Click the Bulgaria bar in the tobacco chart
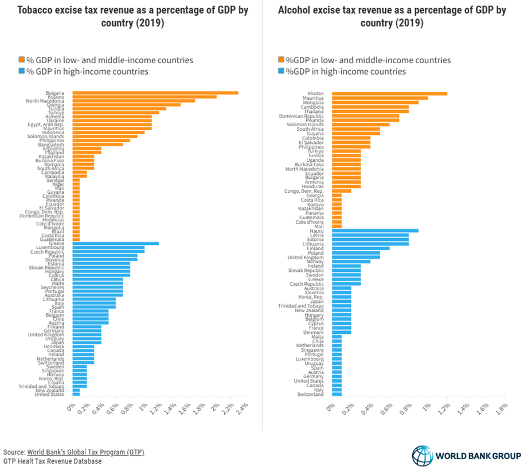coord(155,93)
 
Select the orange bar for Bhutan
coord(389,93)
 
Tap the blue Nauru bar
coord(375,231)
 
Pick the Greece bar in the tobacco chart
coord(115,243)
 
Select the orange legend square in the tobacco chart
coord(22,60)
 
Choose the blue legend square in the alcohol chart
coord(281,71)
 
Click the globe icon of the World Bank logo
coord(423,456)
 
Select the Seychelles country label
coord(50,287)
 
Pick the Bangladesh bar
coord(97,144)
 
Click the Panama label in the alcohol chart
coord(314,212)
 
